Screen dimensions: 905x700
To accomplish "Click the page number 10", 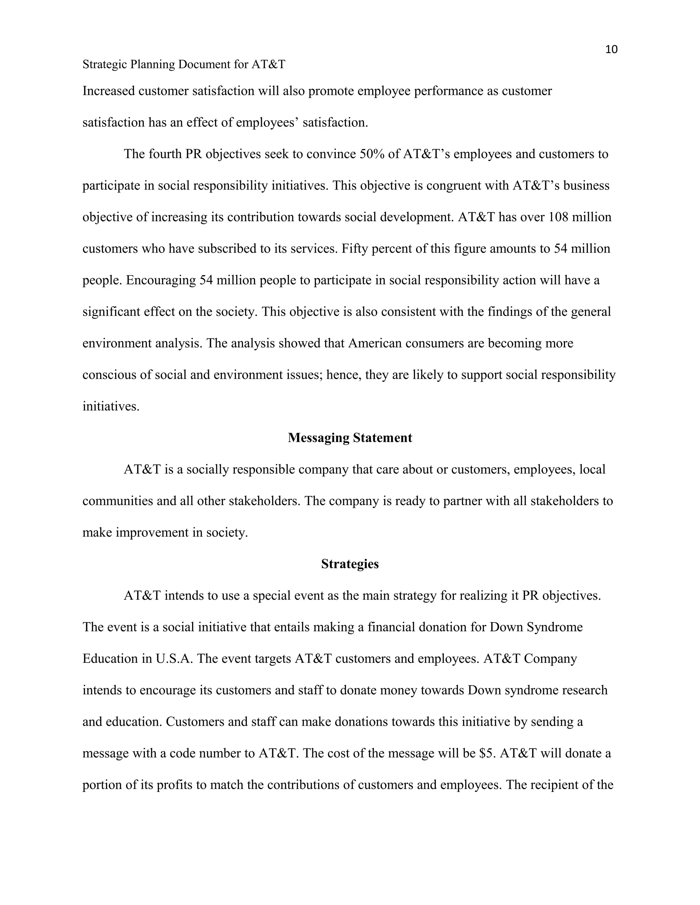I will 611,50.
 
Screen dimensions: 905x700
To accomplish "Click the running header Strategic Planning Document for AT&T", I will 184,65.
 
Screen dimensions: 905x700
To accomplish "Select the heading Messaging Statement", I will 350,438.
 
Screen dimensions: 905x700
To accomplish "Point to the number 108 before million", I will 558,217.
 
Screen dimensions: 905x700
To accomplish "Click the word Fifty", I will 353,249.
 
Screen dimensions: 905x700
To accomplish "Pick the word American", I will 375,344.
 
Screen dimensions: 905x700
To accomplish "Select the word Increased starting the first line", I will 109,91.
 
